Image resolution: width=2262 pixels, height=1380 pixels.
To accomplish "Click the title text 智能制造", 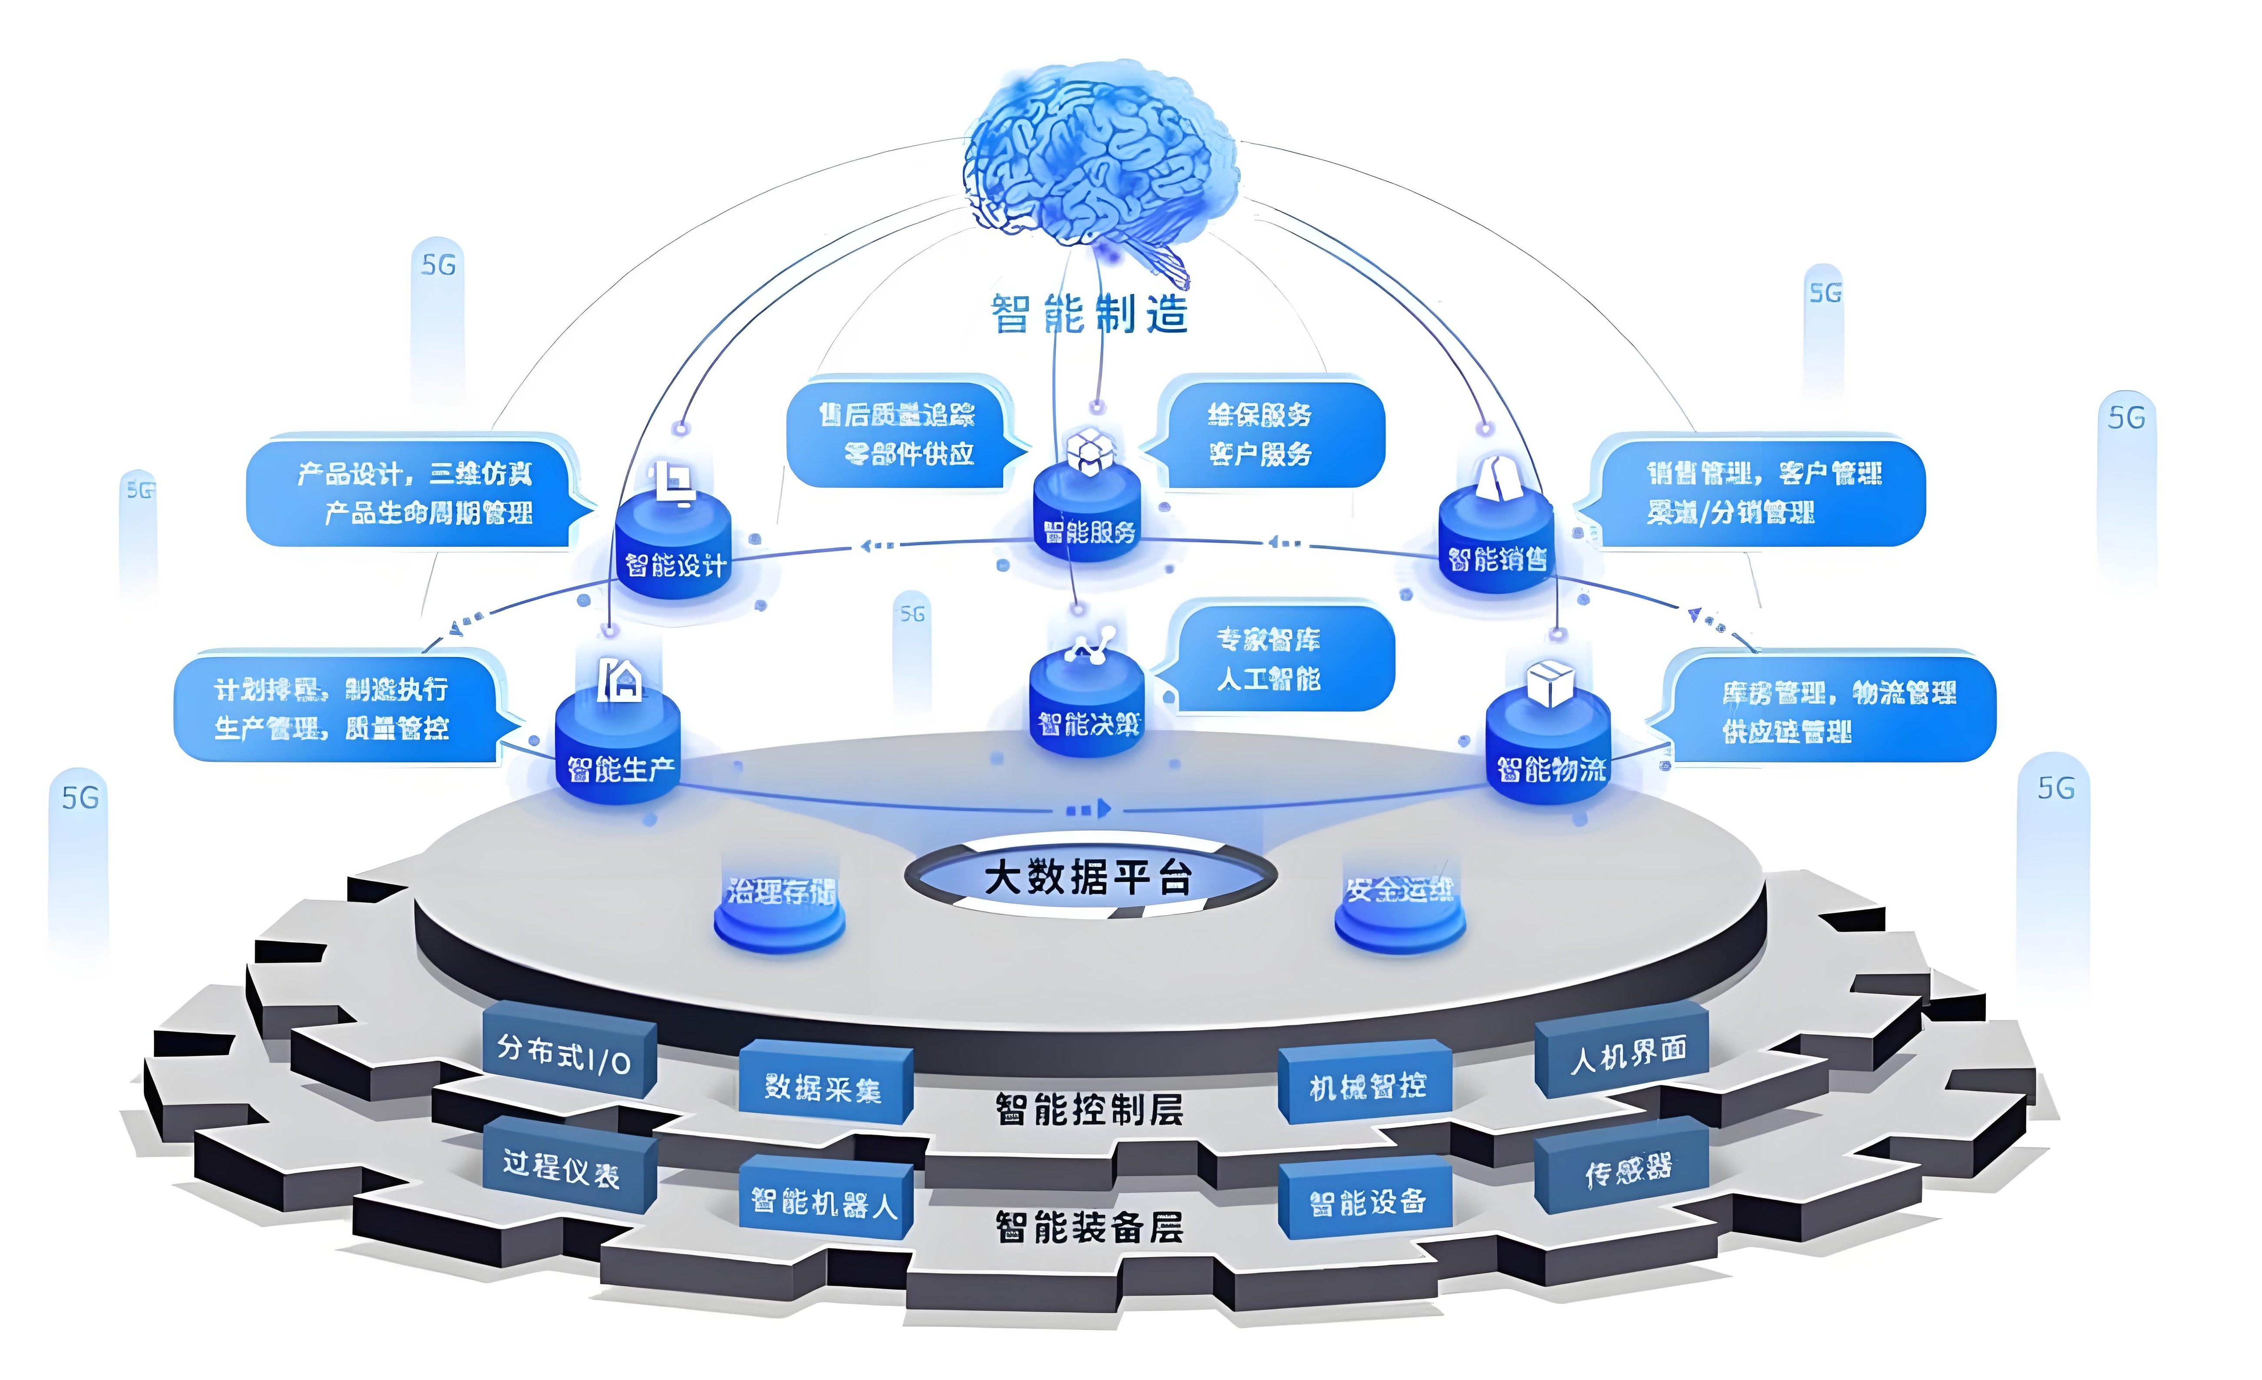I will [x=1089, y=314].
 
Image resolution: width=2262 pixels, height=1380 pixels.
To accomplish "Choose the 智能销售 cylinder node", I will [x=1496, y=542].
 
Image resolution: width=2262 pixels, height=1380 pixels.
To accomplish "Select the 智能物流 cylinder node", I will [x=1549, y=748].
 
